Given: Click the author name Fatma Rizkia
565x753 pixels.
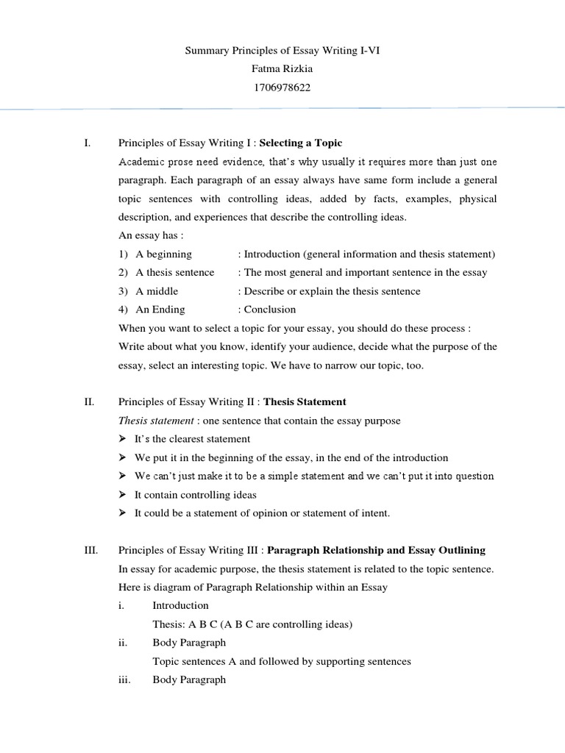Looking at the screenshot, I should pyautogui.click(x=282, y=70).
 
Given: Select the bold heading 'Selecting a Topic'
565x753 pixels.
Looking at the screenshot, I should pyautogui.click(x=301, y=143).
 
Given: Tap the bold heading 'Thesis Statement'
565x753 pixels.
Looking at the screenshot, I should pyautogui.click(x=305, y=402).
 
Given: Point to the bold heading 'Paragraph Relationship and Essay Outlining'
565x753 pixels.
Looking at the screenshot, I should pyautogui.click(x=376, y=550).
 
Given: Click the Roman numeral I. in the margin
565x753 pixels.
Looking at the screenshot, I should pyautogui.click(x=88, y=143).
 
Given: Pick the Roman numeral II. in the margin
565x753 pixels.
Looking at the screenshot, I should pyautogui.click(x=89, y=402).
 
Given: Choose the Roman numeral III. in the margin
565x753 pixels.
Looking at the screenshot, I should pyautogui.click(x=90, y=550).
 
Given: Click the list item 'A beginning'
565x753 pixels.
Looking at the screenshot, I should pyautogui.click(x=163, y=254).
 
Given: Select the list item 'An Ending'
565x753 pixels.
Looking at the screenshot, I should pyautogui.click(x=160, y=310).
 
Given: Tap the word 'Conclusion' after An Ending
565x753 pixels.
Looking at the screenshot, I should pyautogui.click(x=270, y=310).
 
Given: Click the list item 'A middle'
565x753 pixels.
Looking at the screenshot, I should pyautogui.click(x=157, y=291).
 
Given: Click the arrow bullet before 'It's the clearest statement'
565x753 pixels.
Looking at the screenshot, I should pyautogui.click(x=123, y=439).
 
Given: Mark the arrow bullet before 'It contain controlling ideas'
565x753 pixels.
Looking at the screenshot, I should pyautogui.click(x=123, y=495).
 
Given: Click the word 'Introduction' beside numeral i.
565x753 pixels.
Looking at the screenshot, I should pyautogui.click(x=180, y=605).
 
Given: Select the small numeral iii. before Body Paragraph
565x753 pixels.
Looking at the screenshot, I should pyautogui.click(x=124, y=679).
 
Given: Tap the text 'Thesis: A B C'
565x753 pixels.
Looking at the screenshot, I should pyautogui.click(x=185, y=624).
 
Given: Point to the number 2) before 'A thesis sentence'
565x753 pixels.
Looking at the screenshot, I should pyautogui.click(x=124, y=273).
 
